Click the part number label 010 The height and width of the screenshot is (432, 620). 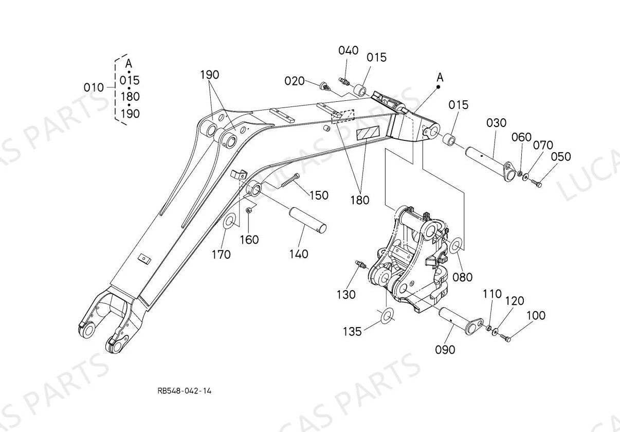[94, 87]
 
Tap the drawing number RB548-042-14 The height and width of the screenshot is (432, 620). [185, 391]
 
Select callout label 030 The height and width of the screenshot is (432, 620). [496, 123]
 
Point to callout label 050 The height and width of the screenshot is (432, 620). [560, 157]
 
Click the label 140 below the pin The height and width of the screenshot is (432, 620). [299, 254]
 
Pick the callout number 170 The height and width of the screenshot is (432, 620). [221, 254]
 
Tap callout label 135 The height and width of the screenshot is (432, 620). [353, 332]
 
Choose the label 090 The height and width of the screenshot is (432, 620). [445, 350]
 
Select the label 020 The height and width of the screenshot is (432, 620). [295, 81]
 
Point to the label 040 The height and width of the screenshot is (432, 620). [348, 50]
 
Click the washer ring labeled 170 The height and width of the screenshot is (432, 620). [229, 221]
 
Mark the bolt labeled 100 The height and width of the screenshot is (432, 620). [505, 338]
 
